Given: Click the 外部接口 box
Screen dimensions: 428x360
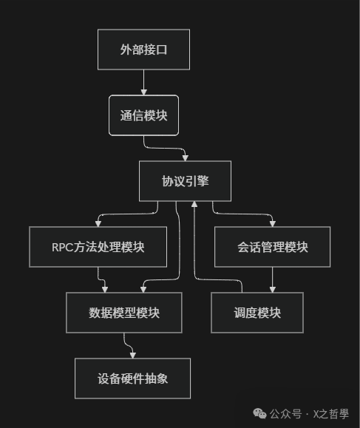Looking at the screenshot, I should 143,50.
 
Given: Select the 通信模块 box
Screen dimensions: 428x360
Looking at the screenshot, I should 143,115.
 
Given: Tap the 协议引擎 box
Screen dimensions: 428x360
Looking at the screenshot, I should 185,181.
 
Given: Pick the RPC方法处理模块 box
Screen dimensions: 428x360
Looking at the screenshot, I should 98,247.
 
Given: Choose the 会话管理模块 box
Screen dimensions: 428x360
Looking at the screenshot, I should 272,247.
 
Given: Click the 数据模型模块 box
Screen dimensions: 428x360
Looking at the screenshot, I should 123,313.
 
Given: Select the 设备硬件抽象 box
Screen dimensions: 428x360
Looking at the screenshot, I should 132,378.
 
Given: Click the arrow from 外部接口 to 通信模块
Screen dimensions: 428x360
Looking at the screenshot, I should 143,81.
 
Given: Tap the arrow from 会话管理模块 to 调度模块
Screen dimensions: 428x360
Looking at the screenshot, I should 273,279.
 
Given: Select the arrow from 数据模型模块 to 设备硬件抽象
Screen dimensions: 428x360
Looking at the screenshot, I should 127,344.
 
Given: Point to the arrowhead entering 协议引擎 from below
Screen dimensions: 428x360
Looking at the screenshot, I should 194,205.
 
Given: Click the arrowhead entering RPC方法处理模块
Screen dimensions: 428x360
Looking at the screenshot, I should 98,223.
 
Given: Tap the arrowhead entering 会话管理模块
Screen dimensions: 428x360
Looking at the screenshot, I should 272,223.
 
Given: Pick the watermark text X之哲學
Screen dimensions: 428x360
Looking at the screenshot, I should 331,413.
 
